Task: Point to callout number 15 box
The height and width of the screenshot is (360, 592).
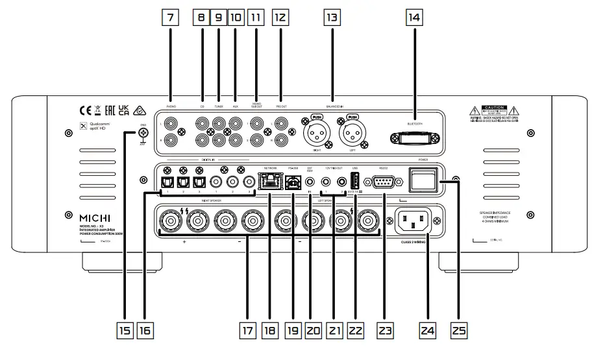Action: pyautogui.click(x=125, y=331)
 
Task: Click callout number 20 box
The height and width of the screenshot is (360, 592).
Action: pyautogui.click(x=315, y=331)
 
